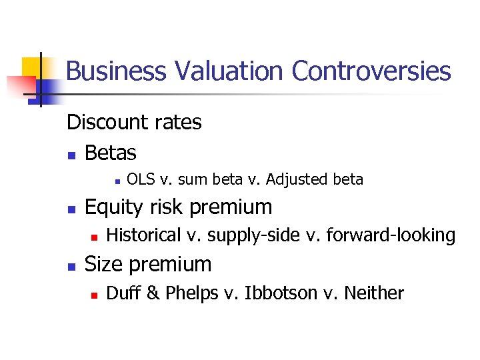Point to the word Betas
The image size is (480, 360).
click(x=111, y=153)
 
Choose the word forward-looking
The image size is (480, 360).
click(x=391, y=235)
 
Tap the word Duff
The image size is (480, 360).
click(x=121, y=293)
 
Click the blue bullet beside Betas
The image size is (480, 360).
click(x=71, y=155)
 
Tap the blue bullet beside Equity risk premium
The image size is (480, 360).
click(x=71, y=209)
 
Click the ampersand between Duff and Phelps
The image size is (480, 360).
click(x=147, y=293)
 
